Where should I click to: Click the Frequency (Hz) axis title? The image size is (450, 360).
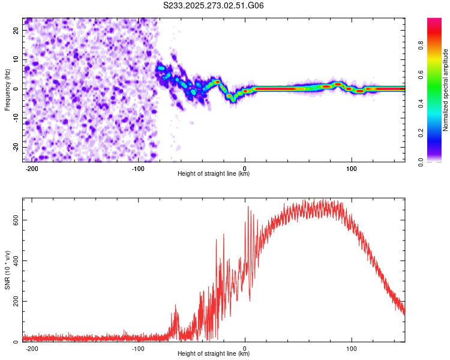click(x=7, y=89)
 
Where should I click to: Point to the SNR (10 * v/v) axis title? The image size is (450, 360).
click(x=7, y=270)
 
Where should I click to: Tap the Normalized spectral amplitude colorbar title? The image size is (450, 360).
click(x=446, y=90)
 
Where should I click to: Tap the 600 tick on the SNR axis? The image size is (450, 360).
click(x=15, y=220)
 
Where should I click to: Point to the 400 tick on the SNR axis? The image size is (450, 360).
click(x=15, y=261)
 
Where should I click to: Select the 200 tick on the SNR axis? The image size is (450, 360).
click(x=15, y=301)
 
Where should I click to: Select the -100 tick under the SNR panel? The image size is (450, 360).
click(x=137, y=347)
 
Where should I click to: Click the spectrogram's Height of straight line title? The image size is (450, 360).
click(x=214, y=174)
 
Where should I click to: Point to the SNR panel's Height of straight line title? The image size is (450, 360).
click(x=214, y=354)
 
